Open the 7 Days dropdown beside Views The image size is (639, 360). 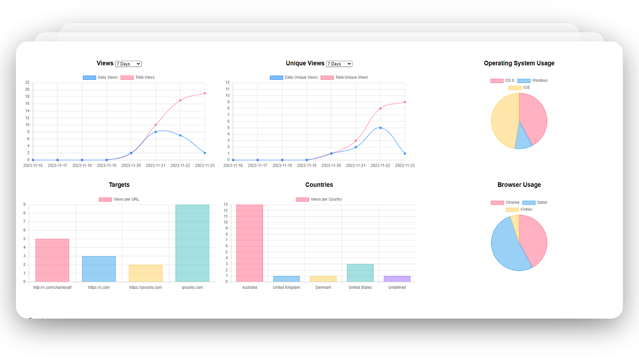click(128, 64)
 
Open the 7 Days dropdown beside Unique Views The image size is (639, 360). click(339, 64)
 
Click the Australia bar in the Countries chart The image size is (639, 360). click(250, 243)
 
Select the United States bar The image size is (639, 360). click(361, 273)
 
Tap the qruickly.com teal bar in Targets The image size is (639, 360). click(192, 243)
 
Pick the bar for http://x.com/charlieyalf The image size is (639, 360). click(52, 260)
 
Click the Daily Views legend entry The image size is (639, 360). click(101, 78)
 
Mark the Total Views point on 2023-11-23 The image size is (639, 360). click(205, 93)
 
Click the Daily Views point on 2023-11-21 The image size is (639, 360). click(155, 132)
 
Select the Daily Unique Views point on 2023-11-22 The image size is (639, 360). click(380, 128)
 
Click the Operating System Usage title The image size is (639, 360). click(519, 63)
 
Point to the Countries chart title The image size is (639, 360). click(319, 185)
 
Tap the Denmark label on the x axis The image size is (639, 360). click(323, 288)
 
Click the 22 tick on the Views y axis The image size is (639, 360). click(27, 83)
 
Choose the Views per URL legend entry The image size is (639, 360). click(119, 200)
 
